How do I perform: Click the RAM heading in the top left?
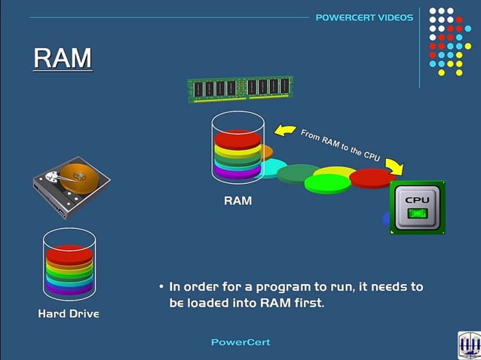(x=63, y=58)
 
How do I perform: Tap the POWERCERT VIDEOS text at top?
(x=364, y=17)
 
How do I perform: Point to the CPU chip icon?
(x=417, y=207)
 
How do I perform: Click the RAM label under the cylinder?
(x=237, y=201)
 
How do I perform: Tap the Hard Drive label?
(x=69, y=313)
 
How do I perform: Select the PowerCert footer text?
(x=240, y=342)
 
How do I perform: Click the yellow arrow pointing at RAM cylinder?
(x=284, y=131)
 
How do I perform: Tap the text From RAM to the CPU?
(x=340, y=145)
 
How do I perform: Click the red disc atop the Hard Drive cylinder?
(x=69, y=253)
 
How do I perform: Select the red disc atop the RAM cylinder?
(x=237, y=139)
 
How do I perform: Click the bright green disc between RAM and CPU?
(x=327, y=183)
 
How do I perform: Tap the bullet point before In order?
(x=161, y=288)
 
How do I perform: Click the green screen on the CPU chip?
(x=417, y=214)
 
